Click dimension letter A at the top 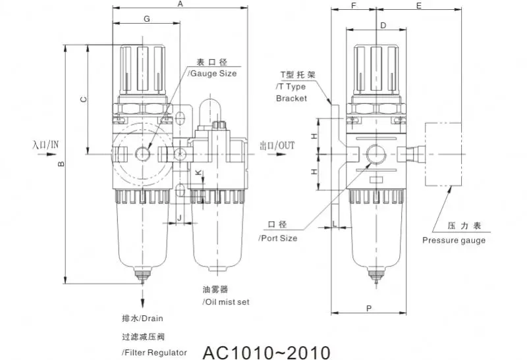tap(180, 5)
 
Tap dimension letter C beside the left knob tap(82, 99)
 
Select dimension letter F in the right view tap(354, 5)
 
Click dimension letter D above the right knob tap(383, 25)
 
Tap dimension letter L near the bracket tap(335, 224)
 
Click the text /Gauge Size tap(213, 74)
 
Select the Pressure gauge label tap(454, 240)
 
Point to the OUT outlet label tap(277, 145)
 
